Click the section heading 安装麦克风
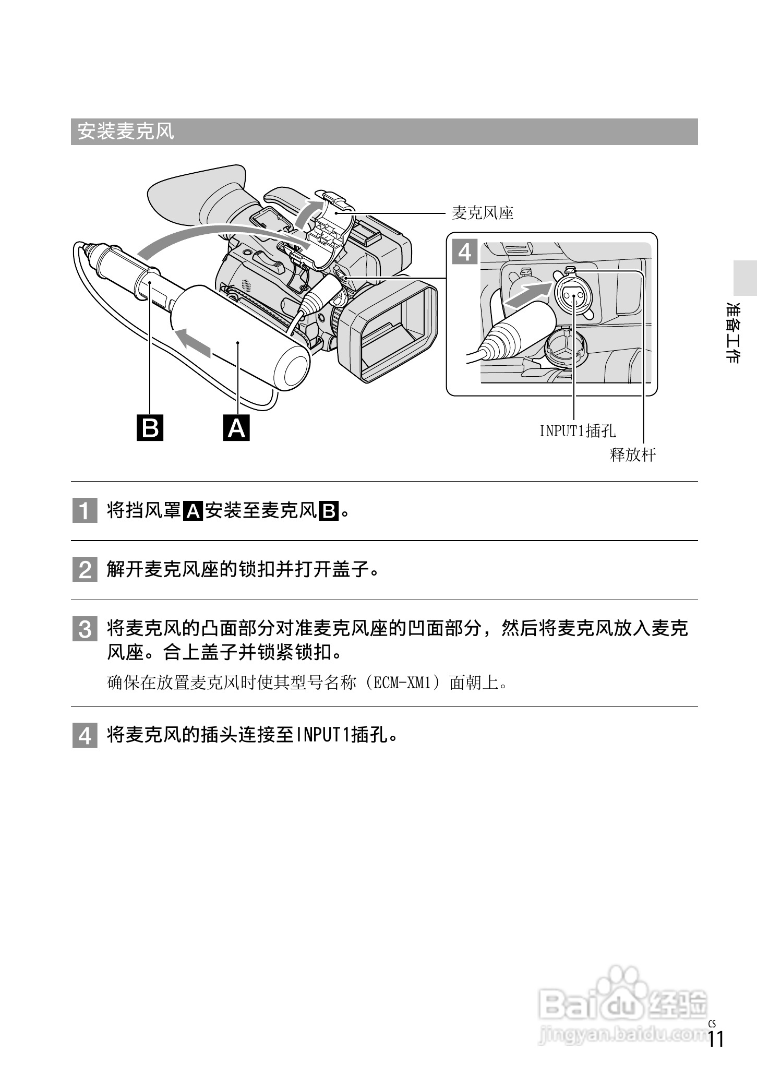click(x=126, y=131)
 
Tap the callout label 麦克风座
click(x=482, y=213)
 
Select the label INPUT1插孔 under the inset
click(x=577, y=431)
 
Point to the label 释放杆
click(x=632, y=454)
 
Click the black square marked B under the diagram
click(x=150, y=427)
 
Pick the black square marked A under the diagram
click(x=236, y=427)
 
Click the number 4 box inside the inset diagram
click(x=464, y=253)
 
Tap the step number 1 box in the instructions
click(x=85, y=510)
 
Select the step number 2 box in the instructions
click(x=85, y=570)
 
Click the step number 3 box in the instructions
click(x=85, y=629)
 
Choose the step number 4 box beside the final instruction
click(x=85, y=736)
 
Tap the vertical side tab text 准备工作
click(x=733, y=332)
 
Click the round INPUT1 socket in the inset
click(x=573, y=296)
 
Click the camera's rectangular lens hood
click(x=387, y=329)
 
